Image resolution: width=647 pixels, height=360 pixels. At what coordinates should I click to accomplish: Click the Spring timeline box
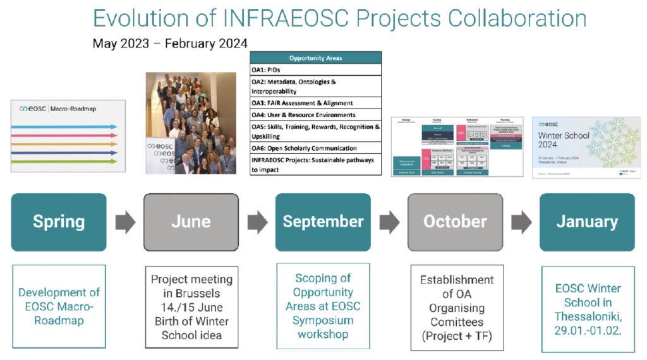click(x=59, y=222)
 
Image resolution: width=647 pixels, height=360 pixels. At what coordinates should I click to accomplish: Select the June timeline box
click(x=191, y=222)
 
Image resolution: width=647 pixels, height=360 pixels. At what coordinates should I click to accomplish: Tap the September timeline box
click(x=323, y=222)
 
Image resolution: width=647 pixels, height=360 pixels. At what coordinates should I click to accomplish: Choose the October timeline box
click(x=455, y=222)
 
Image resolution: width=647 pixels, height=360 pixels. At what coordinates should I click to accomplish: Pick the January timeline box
click(x=587, y=222)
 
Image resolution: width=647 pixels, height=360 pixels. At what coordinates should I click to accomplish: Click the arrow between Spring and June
click(x=125, y=222)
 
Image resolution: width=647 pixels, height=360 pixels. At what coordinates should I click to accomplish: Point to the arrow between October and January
click(x=521, y=222)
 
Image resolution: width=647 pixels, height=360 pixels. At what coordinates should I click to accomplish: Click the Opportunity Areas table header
click(x=316, y=58)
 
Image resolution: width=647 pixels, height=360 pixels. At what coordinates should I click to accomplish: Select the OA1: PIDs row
click(x=316, y=69)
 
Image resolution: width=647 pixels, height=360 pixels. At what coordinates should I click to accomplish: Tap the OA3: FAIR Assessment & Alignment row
click(x=316, y=103)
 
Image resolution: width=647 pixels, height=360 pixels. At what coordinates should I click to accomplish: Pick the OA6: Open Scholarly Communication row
click(x=316, y=148)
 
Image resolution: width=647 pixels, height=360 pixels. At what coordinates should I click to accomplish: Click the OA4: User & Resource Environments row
click(x=316, y=115)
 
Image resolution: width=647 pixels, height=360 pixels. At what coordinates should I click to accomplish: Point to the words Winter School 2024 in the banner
click(x=564, y=140)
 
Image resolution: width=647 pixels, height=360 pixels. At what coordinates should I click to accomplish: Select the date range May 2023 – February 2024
click(x=170, y=44)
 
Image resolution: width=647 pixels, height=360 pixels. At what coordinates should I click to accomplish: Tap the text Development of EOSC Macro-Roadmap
click(x=59, y=306)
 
